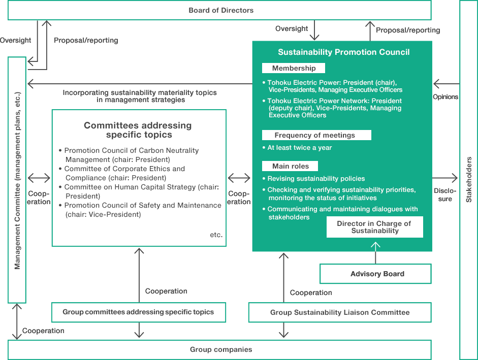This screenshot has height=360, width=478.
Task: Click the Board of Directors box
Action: pyautogui.click(x=220, y=10)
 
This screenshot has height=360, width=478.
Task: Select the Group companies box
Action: pyautogui.click(x=220, y=349)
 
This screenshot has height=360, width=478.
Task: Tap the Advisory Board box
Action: pyautogui.click(x=376, y=274)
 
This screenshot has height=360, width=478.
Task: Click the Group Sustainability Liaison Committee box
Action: pyautogui.click(x=339, y=312)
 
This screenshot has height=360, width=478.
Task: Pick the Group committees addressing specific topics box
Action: pyautogui.click(x=138, y=312)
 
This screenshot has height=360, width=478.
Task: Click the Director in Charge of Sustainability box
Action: pyautogui.click(x=374, y=227)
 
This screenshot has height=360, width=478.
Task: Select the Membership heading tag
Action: pyautogui.click(x=294, y=68)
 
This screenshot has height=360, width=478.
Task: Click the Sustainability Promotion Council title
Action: pyautogui.click(x=343, y=52)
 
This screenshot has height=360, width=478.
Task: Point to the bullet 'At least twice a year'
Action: pyautogui.click(x=299, y=148)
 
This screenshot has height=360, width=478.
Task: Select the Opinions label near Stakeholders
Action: pyautogui.click(x=445, y=97)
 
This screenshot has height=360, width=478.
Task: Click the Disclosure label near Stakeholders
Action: pyautogui.click(x=445, y=195)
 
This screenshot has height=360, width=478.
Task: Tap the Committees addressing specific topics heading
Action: pyautogui.click(x=138, y=130)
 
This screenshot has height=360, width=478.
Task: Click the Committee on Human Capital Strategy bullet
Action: pyautogui.click(x=141, y=191)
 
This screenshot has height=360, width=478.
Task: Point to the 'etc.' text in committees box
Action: pyautogui.click(x=216, y=235)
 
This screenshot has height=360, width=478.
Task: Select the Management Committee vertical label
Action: pyautogui.click(x=17, y=180)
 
